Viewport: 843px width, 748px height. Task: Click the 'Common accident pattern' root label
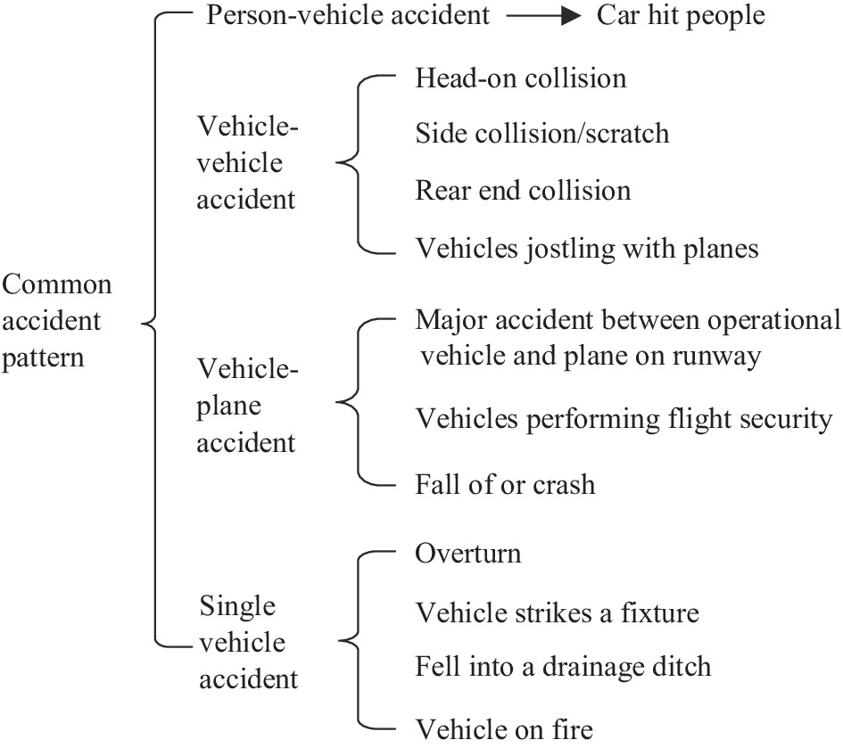(57, 321)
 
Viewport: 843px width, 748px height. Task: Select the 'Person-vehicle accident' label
(348, 17)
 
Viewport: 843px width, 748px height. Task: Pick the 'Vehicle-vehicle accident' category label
(247, 164)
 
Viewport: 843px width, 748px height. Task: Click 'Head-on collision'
(521, 78)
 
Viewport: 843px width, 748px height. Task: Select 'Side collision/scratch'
(542, 134)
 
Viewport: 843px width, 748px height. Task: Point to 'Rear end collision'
(523, 191)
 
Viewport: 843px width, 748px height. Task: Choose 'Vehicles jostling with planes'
(587, 247)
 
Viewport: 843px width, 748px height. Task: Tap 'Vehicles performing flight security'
(624, 418)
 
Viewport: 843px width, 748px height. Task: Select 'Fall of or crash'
(505, 484)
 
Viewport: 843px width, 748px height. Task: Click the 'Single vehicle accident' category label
(247, 642)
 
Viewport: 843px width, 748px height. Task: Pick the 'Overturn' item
(468, 554)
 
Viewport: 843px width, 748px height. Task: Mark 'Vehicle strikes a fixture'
(557, 612)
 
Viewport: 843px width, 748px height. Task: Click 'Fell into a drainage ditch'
(563, 666)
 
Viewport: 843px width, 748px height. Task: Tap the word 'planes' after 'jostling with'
(719, 249)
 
